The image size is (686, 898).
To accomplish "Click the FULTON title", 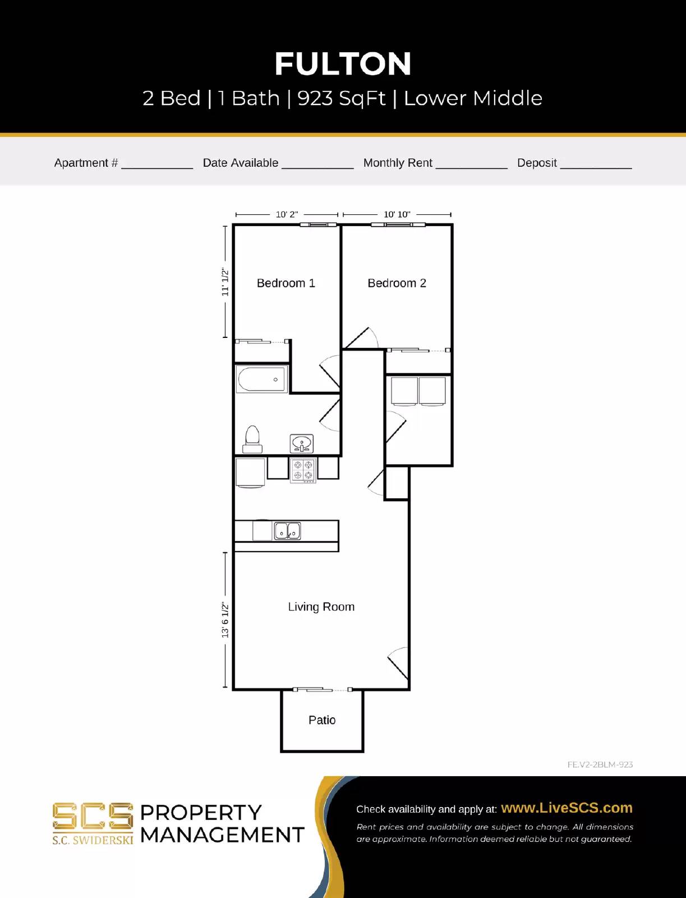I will point(343,64).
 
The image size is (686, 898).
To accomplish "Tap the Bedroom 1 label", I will point(286,283).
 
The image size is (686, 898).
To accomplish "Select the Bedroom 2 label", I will point(397,283).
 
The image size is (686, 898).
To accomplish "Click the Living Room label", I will point(321,607).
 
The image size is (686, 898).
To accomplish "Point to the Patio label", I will point(322,720).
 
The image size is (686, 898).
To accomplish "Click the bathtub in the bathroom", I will point(262,380).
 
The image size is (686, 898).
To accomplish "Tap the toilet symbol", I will point(252,439).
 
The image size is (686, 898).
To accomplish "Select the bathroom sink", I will point(302,444).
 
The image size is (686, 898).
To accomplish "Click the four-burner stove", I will point(303,470).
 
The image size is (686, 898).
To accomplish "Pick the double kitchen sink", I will point(287,530).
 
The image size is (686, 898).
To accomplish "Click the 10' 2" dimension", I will point(287,214).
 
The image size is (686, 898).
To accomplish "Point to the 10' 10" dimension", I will point(397,214).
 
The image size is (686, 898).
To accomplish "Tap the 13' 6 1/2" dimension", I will point(225,620).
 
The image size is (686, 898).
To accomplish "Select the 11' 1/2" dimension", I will point(225,282).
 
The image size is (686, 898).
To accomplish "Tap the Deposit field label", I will point(537,163).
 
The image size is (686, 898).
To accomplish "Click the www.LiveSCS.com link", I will point(567,808).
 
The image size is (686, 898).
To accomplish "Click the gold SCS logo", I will point(93,817).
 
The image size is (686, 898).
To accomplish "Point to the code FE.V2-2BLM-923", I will point(600,764).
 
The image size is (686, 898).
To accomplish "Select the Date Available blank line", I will point(317,166).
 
